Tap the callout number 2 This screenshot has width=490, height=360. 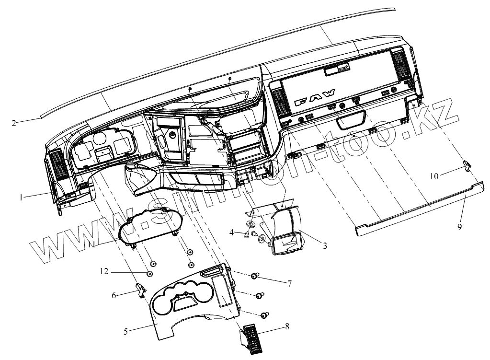[x=14, y=123]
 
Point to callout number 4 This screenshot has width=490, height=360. [x=231, y=232]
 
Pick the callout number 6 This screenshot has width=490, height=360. [x=114, y=296]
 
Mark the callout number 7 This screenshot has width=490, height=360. [x=289, y=283]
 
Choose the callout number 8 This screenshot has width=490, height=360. [x=287, y=326]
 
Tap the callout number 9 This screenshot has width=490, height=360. [x=459, y=227]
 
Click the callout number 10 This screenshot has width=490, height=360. [x=433, y=176]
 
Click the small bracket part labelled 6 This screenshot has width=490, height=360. [x=140, y=289]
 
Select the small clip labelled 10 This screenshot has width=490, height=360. [x=467, y=165]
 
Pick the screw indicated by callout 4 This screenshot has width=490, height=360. [x=246, y=234]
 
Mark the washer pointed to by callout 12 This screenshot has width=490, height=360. [x=149, y=274]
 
